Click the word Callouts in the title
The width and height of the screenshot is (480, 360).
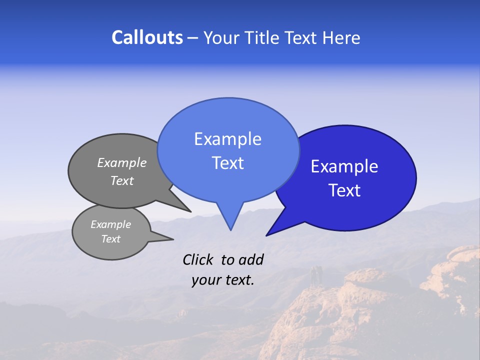(147, 37)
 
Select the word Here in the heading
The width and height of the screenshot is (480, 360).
(341, 38)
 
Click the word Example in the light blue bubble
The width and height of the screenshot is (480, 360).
(227, 139)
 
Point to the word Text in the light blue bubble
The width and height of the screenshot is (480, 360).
(227, 163)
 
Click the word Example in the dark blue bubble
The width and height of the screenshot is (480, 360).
(344, 166)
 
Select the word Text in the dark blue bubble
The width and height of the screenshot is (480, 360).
(344, 190)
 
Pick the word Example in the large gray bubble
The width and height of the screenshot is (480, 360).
(122, 162)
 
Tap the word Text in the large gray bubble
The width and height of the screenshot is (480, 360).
(122, 181)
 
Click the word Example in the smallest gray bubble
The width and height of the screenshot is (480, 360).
(111, 224)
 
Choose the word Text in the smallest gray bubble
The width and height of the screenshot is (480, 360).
(111, 239)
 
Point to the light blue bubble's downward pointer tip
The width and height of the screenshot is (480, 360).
(230, 229)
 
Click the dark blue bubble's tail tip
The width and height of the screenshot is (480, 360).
(267, 235)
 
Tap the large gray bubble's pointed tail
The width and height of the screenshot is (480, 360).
(190, 211)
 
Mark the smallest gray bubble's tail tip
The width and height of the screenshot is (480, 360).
(172, 239)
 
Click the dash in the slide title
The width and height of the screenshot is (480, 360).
(193, 38)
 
